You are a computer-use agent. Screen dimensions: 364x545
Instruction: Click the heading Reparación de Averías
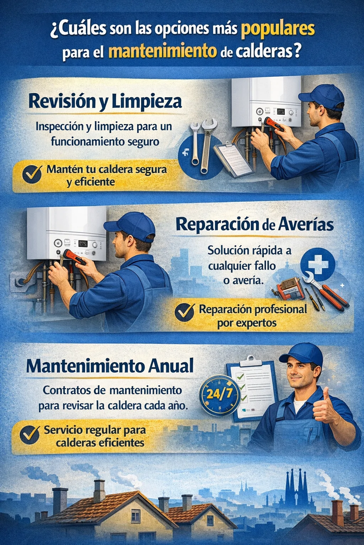(255, 225)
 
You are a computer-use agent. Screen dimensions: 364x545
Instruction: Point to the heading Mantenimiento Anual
(110, 365)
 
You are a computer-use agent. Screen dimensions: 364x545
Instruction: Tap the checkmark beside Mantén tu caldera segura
(32, 174)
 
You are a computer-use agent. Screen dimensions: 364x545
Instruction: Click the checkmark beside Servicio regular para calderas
(30, 435)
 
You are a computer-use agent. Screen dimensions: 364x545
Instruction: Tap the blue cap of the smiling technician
(301, 355)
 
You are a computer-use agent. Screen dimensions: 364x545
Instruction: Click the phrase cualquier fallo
(242, 266)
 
